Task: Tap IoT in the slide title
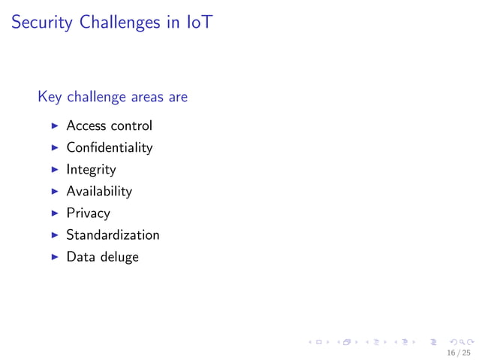pos(199,23)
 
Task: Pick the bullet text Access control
pos(109,126)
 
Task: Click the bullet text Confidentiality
pos(109,147)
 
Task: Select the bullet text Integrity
pos(91,169)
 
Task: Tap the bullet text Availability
pos(99,191)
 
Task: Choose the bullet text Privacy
pos(88,213)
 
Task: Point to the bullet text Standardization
pos(113,234)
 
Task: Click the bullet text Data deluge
pos(102,257)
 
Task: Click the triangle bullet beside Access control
pos(54,126)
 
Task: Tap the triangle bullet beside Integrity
pos(54,169)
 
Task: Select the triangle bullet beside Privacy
pos(54,213)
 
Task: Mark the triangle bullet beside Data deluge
pos(54,257)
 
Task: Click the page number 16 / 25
pos(458,352)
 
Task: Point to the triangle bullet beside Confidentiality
pos(54,147)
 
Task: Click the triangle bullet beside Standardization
pos(54,234)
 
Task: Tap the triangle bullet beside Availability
pos(54,191)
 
